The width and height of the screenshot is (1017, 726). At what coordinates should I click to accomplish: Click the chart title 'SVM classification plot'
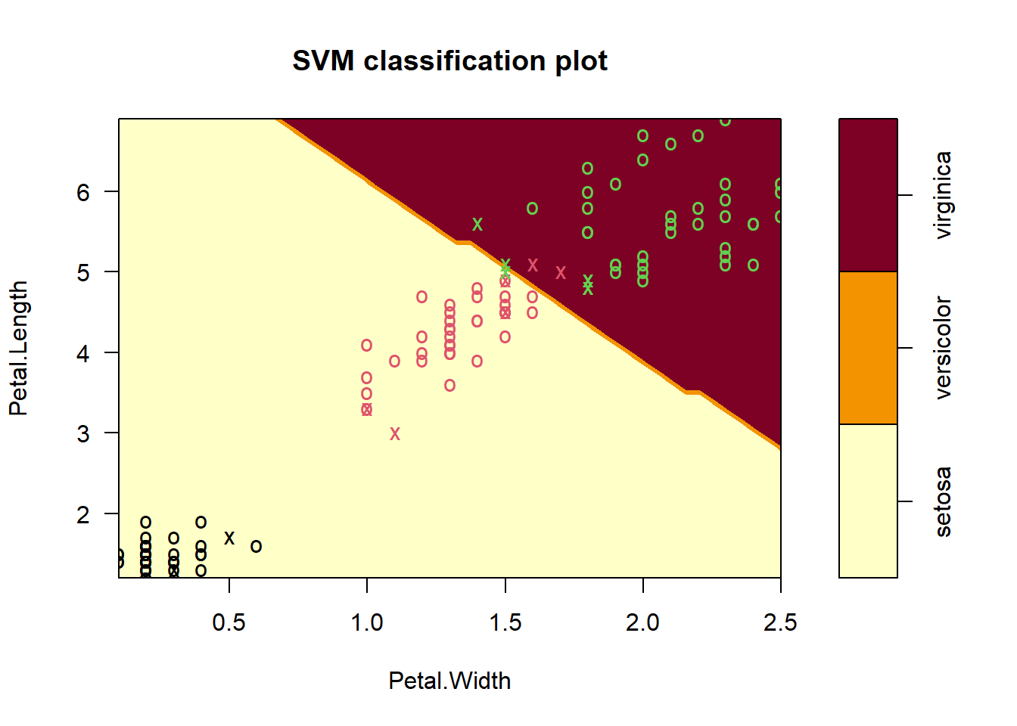[449, 61]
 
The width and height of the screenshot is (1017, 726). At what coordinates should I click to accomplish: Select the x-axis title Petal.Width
[449, 681]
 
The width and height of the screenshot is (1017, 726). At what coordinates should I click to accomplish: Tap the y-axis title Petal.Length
[19, 348]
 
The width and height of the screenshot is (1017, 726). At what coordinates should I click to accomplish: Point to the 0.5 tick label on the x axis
[229, 622]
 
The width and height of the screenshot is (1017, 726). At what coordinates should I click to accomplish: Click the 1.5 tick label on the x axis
[505, 622]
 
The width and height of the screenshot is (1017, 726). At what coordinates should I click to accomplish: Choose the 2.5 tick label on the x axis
[780, 622]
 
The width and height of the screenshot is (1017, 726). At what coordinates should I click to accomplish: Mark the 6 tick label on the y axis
[82, 192]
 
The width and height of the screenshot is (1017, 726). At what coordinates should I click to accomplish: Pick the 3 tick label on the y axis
[82, 433]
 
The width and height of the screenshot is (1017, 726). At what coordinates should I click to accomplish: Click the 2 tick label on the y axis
[82, 514]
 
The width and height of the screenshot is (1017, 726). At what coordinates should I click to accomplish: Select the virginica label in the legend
[943, 195]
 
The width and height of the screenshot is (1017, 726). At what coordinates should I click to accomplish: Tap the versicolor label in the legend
[943, 348]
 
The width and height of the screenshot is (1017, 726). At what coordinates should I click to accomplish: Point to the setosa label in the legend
[943, 501]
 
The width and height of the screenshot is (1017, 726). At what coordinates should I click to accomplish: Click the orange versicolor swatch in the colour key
[868, 348]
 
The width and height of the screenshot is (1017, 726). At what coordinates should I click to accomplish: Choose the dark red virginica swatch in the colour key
[868, 195]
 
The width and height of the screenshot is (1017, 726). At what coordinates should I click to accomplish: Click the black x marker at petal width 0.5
[229, 538]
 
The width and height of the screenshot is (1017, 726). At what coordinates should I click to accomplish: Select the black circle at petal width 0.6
[257, 546]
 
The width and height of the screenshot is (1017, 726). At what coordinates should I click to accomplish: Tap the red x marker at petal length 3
[395, 433]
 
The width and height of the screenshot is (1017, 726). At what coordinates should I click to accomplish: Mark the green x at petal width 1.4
[477, 224]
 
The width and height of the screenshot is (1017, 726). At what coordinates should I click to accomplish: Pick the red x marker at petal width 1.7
[561, 272]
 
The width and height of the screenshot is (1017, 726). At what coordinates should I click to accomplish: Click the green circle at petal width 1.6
[533, 208]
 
